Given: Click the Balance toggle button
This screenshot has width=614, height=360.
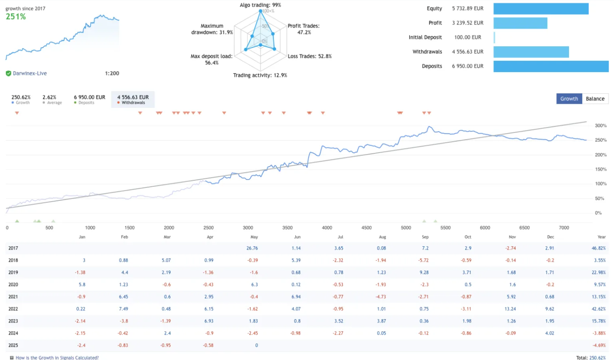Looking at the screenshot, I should (595, 99).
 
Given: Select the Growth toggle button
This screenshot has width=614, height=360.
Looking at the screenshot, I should (569, 99).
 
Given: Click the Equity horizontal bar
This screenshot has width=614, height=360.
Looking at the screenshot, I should (541, 9).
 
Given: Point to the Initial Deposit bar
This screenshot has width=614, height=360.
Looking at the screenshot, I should (494, 37).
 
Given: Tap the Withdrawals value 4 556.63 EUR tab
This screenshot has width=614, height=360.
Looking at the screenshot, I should (133, 99).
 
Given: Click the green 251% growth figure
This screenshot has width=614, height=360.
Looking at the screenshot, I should (16, 17).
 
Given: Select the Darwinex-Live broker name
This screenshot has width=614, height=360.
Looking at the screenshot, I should (30, 73).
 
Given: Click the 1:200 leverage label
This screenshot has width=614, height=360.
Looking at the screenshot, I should (112, 73).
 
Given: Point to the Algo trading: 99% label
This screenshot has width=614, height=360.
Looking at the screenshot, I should (260, 5).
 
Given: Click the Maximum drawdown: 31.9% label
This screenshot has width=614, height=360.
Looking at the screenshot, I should (212, 29).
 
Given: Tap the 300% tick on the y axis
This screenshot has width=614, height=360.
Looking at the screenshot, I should (601, 125).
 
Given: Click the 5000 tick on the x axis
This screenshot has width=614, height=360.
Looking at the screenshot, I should (406, 228).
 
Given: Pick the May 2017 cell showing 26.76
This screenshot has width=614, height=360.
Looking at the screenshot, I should (252, 248).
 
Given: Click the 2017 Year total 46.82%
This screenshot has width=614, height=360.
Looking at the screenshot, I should (599, 248).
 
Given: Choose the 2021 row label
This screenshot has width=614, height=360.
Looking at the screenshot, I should (13, 297).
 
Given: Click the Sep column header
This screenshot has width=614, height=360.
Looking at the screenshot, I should (425, 237).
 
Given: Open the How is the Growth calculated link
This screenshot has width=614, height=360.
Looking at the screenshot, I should (57, 357).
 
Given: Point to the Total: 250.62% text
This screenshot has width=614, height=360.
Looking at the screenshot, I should (591, 357).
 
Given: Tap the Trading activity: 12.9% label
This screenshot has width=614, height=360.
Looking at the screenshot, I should (260, 75).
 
